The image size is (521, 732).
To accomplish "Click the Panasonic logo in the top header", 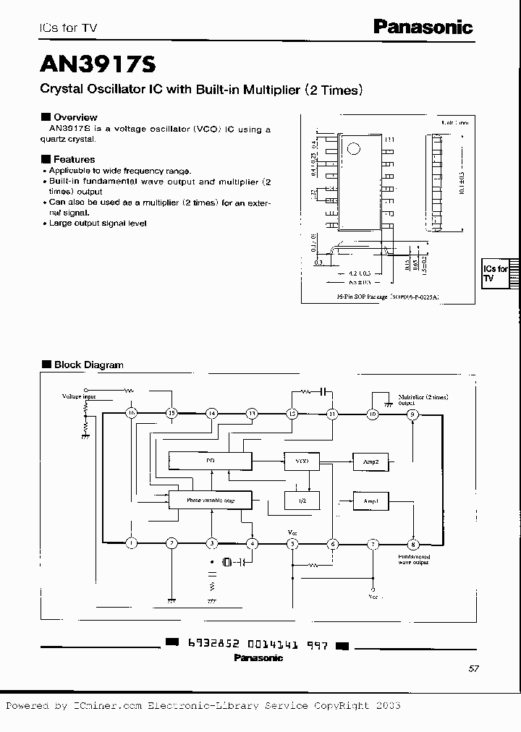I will (423, 27).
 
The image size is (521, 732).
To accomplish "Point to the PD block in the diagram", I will (210, 461).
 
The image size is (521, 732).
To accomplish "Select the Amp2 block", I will (371, 461).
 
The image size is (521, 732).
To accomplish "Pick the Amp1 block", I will (371, 500).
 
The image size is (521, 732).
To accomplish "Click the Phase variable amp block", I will (210, 500).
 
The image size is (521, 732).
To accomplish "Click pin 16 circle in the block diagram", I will (131, 414).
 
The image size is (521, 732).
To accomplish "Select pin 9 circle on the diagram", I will (412, 414).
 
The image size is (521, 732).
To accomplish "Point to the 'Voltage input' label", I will (79, 397).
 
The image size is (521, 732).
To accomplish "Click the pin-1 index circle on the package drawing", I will (354, 150).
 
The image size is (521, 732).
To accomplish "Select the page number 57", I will (474, 669).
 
